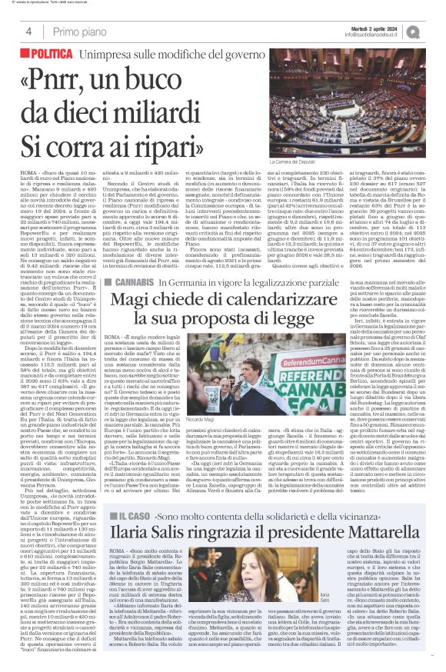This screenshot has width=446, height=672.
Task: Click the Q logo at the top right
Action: pyautogui.click(x=435, y=31)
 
